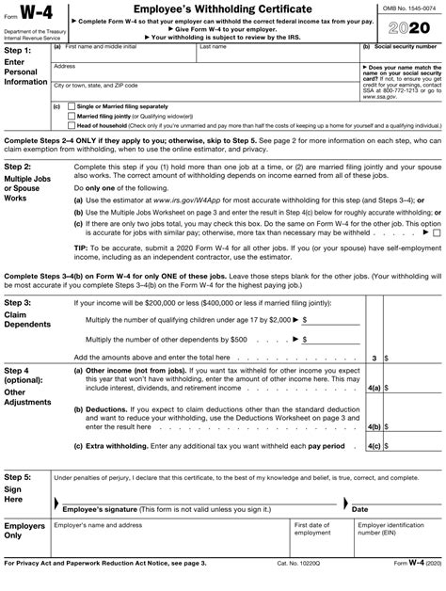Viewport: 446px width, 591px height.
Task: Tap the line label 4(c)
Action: pyautogui.click(x=374, y=445)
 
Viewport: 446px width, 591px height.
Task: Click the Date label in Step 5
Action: pyautogui.click(x=359, y=508)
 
